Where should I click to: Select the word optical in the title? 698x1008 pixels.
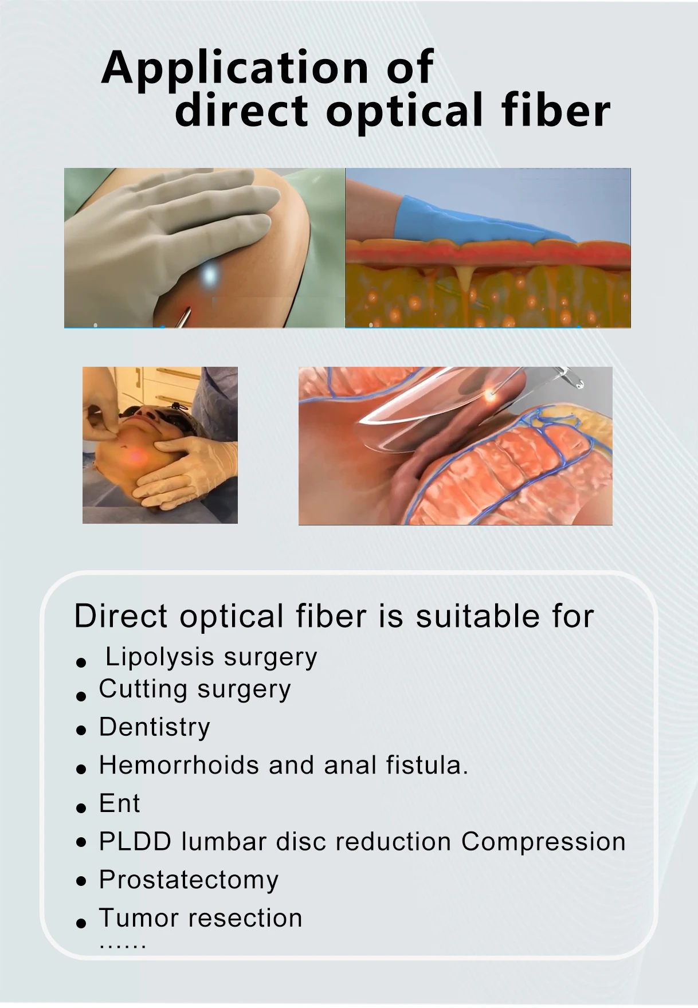tap(405, 112)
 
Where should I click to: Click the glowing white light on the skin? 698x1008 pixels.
tap(210, 276)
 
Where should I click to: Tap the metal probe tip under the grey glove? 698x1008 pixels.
tap(183, 317)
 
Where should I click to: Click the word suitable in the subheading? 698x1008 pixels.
tap(477, 617)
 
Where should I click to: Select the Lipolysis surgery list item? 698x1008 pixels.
tap(211, 657)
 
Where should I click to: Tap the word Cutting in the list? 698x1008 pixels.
tap(143, 689)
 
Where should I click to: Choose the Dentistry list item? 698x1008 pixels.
tap(155, 727)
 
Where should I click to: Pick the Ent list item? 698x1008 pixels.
tap(119, 803)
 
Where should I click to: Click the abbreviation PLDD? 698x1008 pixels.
tap(135, 842)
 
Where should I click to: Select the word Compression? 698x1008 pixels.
tap(543, 842)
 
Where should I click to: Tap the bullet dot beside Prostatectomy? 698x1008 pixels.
tap(81, 881)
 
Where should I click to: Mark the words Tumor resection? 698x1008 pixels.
tap(201, 918)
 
